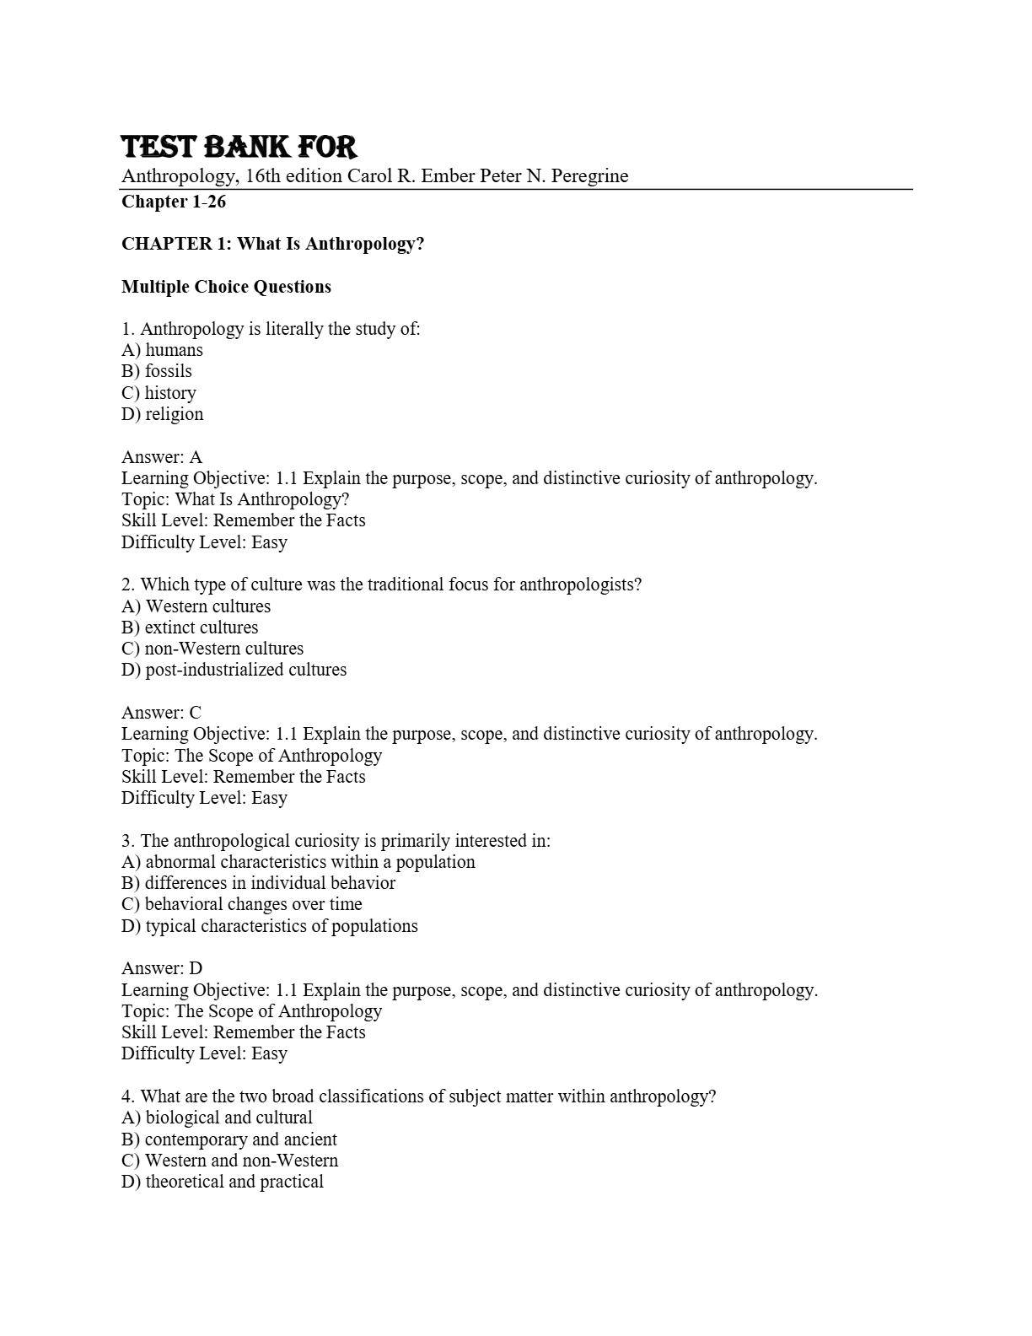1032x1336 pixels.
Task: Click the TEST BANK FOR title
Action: [239, 147]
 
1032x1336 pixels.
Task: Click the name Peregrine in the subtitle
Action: [589, 176]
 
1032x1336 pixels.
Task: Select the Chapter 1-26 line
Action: [174, 202]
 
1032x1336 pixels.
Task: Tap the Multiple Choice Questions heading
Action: [226, 287]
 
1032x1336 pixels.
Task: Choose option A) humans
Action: [162, 350]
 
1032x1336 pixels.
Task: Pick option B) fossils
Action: [157, 371]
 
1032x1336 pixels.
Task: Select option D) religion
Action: [162, 414]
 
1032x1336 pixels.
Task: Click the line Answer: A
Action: [162, 457]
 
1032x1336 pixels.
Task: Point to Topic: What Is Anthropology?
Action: [235, 499]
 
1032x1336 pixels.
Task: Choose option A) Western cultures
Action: [196, 606]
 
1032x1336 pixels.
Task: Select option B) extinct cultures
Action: [190, 628]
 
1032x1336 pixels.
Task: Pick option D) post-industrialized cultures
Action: [234, 670]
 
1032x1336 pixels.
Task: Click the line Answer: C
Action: [161, 713]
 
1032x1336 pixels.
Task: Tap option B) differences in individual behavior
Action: [258, 883]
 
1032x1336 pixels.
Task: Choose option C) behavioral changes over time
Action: [241, 904]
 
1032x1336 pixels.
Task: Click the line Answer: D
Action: [162, 968]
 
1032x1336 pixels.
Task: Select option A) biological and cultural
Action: [217, 1118]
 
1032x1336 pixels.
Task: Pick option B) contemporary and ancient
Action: [228, 1139]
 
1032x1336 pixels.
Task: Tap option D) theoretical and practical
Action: [223, 1182]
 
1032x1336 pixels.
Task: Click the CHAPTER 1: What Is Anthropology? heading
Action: [272, 244]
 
